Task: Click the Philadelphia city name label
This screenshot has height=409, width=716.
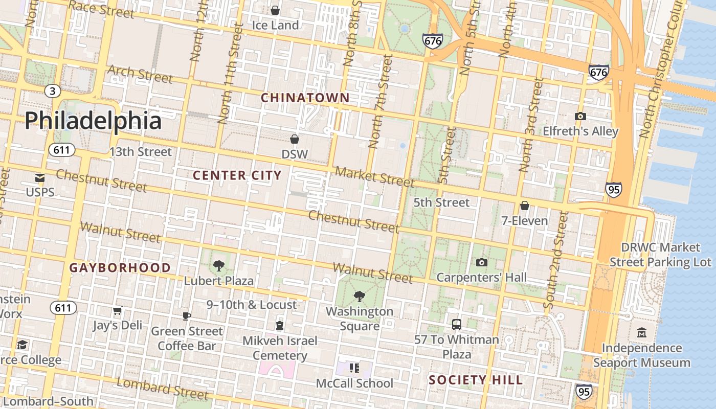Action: [93, 121]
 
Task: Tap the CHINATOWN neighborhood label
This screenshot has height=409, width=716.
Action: [305, 98]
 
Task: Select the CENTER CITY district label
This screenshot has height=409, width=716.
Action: [237, 175]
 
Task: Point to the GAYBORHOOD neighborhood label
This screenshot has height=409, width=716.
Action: [120, 267]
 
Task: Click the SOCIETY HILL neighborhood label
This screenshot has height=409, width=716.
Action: [476, 380]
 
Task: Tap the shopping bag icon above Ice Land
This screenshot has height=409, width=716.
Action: [275, 10]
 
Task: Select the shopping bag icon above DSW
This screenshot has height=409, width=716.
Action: [295, 139]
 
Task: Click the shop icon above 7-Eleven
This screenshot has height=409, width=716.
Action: [524, 206]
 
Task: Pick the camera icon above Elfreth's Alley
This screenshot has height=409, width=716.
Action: [580, 116]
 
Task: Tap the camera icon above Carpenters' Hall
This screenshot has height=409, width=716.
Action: [481, 262]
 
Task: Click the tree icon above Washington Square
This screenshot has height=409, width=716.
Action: [360, 296]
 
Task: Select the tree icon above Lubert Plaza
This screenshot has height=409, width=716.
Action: [219, 265]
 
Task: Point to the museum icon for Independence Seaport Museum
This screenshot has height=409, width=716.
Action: [641, 333]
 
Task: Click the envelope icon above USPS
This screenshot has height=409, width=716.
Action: [40, 178]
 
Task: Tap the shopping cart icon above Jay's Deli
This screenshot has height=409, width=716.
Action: [118, 310]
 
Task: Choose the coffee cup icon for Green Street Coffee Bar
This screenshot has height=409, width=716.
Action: [187, 316]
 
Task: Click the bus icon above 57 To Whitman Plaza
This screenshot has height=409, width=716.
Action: [456, 324]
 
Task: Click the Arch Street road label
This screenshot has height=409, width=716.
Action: [140, 74]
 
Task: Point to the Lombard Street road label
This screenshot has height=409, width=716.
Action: [163, 389]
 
